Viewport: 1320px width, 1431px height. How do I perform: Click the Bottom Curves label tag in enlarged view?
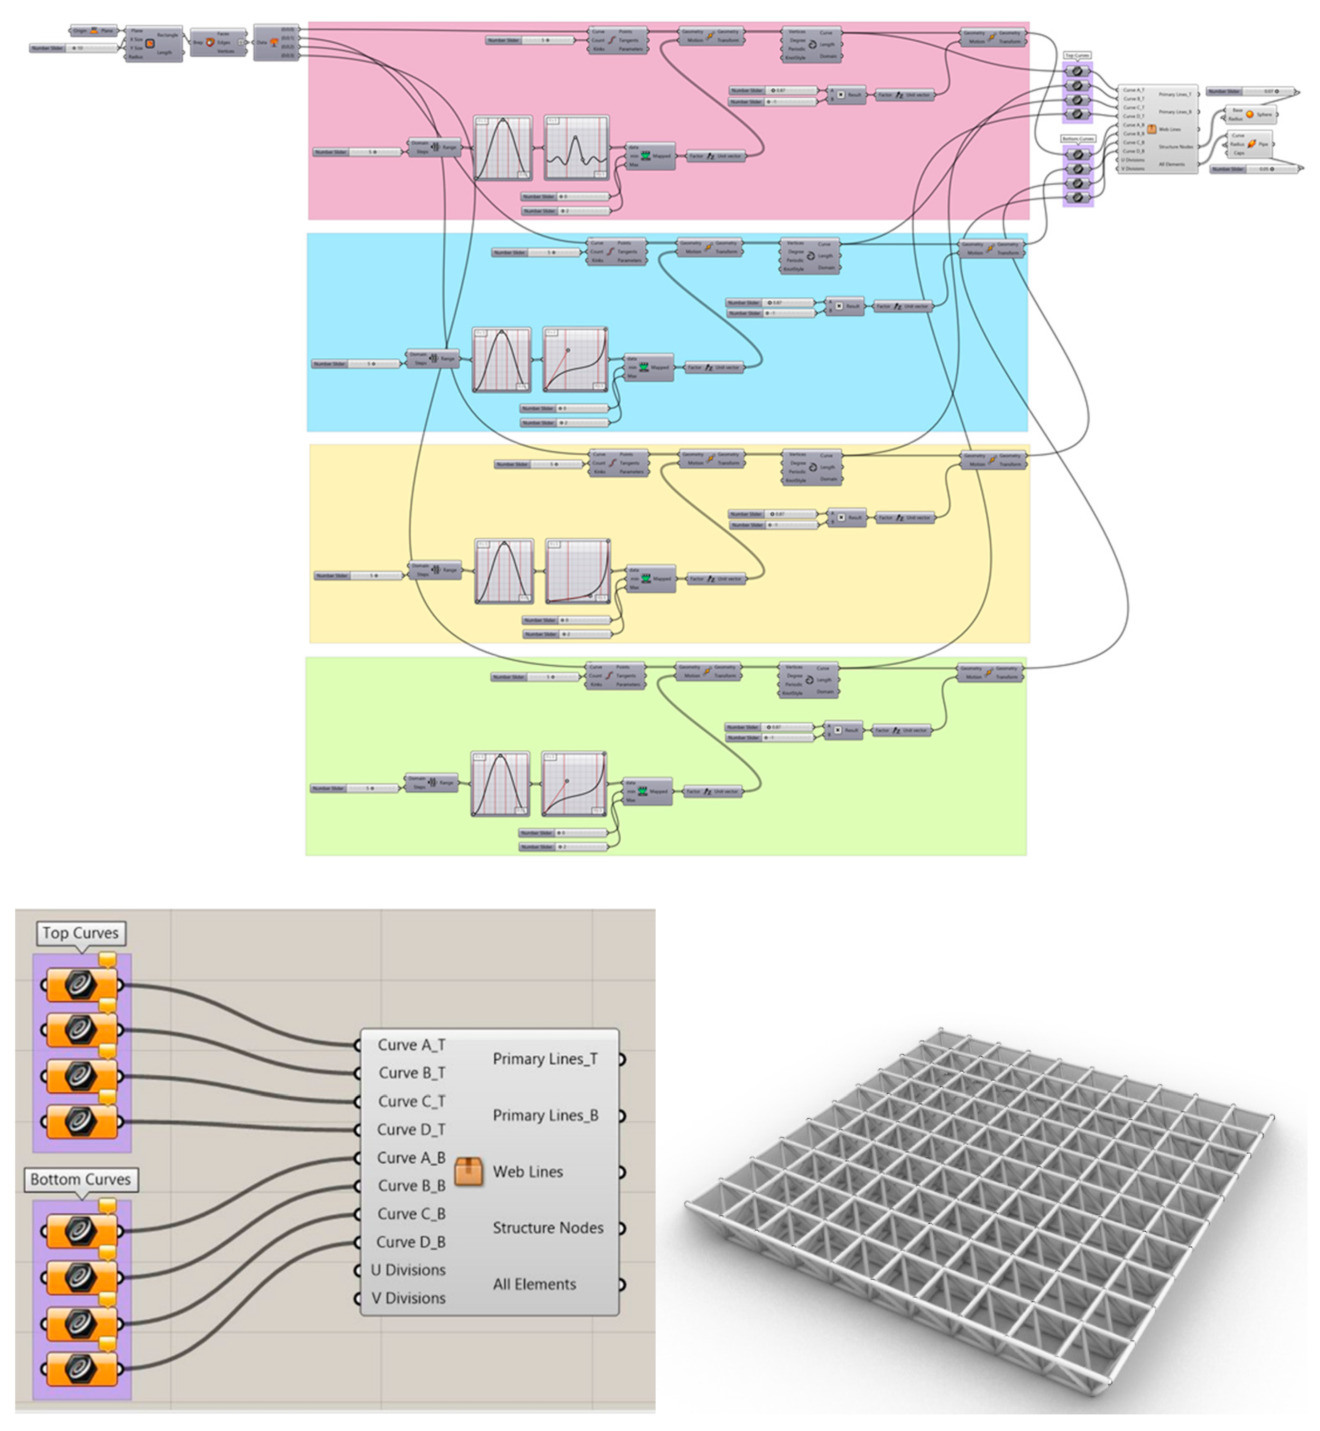(x=80, y=1179)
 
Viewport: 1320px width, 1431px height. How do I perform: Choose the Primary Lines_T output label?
(x=545, y=1060)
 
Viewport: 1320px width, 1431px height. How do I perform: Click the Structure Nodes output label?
(x=548, y=1228)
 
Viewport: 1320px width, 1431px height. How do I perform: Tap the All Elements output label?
(x=534, y=1284)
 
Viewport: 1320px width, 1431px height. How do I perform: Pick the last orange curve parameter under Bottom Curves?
(x=81, y=1368)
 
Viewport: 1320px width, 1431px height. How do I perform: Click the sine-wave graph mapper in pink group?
(x=576, y=148)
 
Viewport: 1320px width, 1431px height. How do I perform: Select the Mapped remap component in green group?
(x=647, y=791)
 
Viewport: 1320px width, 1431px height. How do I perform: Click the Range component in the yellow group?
(x=435, y=570)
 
